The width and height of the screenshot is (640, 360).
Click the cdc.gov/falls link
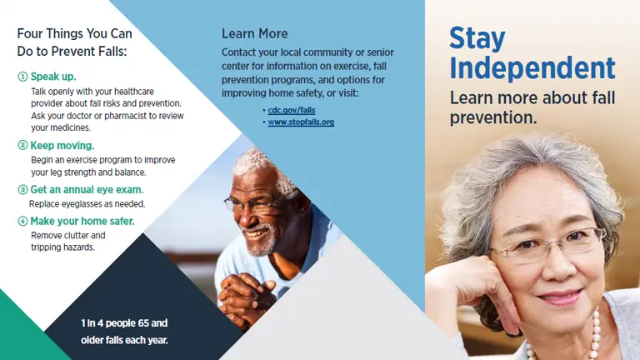click(x=292, y=110)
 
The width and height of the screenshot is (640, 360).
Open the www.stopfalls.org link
click(x=301, y=122)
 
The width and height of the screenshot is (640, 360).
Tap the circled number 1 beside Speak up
click(x=22, y=77)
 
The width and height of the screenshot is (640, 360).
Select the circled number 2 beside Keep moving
click(x=22, y=145)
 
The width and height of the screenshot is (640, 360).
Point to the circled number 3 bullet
click(x=22, y=189)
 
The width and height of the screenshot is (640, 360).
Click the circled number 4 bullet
click(x=22, y=221)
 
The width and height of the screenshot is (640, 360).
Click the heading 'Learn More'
click(x=255, y=33)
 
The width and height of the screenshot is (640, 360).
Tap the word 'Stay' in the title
click(x=477, y=39)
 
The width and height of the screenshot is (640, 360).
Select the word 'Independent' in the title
click(x=532, y=67)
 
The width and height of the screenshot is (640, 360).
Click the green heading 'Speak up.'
click(x=53, y=77)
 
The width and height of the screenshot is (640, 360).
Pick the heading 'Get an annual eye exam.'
click(x=87, y=189)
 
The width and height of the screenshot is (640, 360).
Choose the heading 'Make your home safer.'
click(x=82, y=221)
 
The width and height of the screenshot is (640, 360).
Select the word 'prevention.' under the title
click(x=493, y=117)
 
